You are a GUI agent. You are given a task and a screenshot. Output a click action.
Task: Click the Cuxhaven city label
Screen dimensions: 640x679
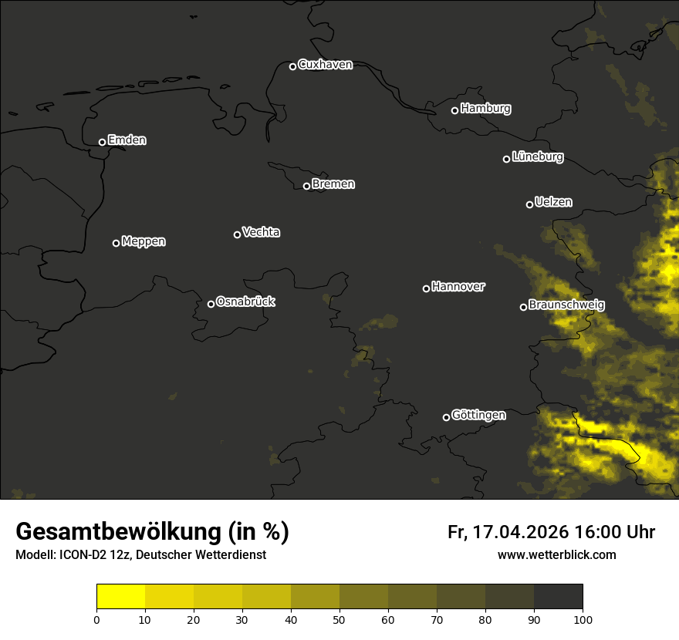(325, 65)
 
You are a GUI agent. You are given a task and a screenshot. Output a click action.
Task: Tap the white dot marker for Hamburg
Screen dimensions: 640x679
(454, 110)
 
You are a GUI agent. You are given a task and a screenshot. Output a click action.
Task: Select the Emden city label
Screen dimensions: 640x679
(127, 140)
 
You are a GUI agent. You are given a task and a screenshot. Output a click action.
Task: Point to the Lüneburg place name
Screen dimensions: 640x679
(537, 157)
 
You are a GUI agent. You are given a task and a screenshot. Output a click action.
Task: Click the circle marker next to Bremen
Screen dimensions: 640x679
(306, 186)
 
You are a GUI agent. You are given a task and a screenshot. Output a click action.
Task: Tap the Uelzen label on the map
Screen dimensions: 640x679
(553, 202)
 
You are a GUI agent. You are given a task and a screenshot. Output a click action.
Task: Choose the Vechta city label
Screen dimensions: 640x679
(261, 232)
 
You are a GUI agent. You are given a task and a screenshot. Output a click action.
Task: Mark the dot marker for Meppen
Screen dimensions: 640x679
(116, 243)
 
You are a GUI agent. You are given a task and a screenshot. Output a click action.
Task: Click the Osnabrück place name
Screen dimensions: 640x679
(245, 301)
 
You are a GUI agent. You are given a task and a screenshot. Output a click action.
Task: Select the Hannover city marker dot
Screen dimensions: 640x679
(426, 288)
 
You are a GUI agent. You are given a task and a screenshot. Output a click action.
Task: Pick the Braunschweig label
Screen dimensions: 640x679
(566, 305)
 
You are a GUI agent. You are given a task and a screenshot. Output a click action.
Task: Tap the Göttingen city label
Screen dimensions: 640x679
(478, 415)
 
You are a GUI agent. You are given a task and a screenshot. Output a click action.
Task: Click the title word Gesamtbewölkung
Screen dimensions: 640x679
(119, 532)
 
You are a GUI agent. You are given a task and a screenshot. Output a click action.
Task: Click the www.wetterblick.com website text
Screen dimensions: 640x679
(556, 554)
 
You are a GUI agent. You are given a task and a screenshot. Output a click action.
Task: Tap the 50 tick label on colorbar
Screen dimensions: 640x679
(339, 618)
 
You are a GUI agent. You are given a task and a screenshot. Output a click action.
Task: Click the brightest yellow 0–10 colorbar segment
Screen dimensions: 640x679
(120, 597)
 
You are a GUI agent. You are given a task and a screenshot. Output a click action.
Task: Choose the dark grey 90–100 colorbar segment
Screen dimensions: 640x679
(558, 597)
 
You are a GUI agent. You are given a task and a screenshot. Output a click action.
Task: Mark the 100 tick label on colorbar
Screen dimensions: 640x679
(583, 618)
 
